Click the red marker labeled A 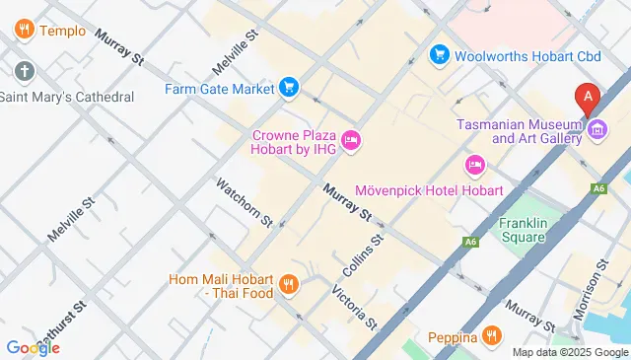(589, 98)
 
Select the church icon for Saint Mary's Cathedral (25, 71)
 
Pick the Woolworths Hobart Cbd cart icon (439, 54)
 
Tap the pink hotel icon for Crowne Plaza (350, 144)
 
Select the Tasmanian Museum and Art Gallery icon (597, 130)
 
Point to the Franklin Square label (523, 230)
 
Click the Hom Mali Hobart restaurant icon (288, 285)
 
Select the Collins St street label (362, 255)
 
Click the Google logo (33, 347)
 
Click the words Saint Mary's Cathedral (66, 97)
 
